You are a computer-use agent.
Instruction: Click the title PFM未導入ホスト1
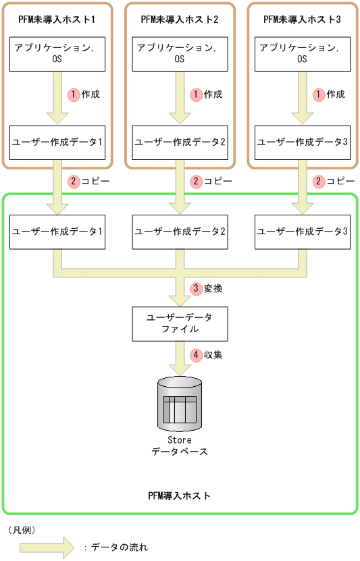click(57, 20)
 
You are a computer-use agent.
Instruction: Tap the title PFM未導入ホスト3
click(302, 20)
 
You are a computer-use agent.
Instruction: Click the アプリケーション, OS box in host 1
click(57, 53)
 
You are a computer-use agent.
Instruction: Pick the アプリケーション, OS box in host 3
click(302, 53)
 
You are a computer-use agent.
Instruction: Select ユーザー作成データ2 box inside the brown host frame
click(180, 142)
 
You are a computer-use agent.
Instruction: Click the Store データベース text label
click(180, 446)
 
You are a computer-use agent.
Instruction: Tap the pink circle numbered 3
click(197, 288)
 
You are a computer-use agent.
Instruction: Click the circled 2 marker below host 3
click(319, 182)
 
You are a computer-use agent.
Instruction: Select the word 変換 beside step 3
click(213, 288)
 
